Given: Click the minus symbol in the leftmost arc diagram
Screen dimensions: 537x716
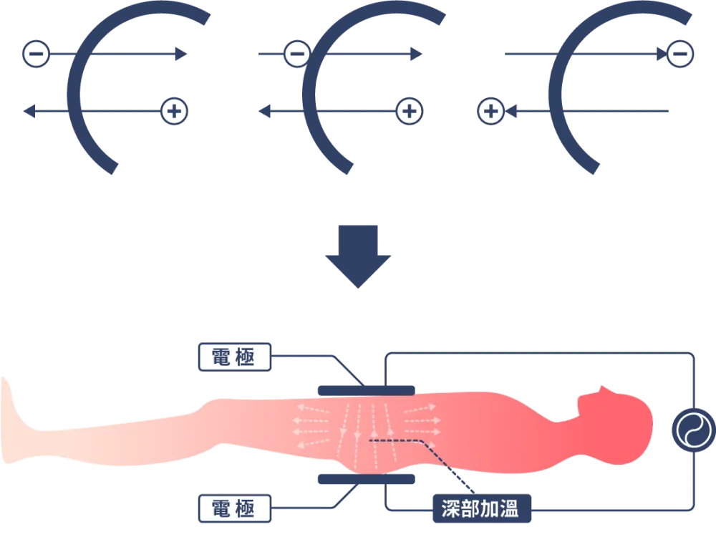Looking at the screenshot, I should click(37, 54).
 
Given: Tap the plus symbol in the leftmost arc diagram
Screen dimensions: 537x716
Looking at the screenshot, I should click(174, 111).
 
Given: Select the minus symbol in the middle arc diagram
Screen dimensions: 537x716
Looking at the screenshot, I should click(296, 54).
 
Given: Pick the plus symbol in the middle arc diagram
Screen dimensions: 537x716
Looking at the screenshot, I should click(410, 111).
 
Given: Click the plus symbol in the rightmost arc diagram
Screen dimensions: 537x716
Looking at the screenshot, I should click(490, 111).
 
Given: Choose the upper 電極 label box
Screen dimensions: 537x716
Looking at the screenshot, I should click(233, 357).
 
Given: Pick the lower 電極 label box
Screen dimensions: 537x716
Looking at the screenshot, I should click(233, 508).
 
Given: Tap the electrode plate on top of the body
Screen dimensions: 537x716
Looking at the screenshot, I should click(366, 390).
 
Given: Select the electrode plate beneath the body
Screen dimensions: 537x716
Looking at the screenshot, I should click(366, 478).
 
